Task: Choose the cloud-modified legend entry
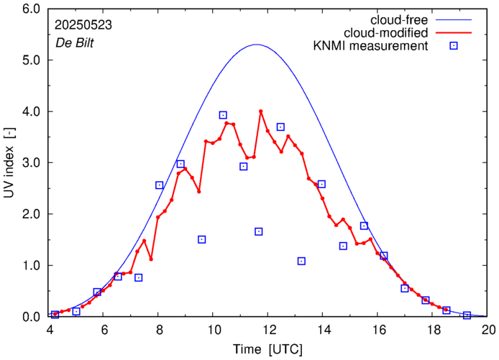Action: tap(386, 32)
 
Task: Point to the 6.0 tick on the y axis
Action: tap(31, 9)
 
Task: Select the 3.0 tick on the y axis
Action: tap(31, 163)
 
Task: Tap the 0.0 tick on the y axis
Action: tap(31, 317)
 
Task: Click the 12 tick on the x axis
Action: tap(269, 330)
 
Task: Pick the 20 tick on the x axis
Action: tap(488, 330)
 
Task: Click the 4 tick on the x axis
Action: tap(50, 330)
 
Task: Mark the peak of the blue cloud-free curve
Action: tap(257, 45)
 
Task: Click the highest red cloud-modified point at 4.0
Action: tap(261, 111)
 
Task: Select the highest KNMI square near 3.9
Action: tap(223, 115)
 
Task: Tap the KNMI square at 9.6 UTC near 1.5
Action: tap(202, 239)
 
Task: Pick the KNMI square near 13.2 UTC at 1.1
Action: tap(301, 261)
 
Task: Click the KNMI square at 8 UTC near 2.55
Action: tap(160, 185)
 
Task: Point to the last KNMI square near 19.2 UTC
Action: tap(467, 315)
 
